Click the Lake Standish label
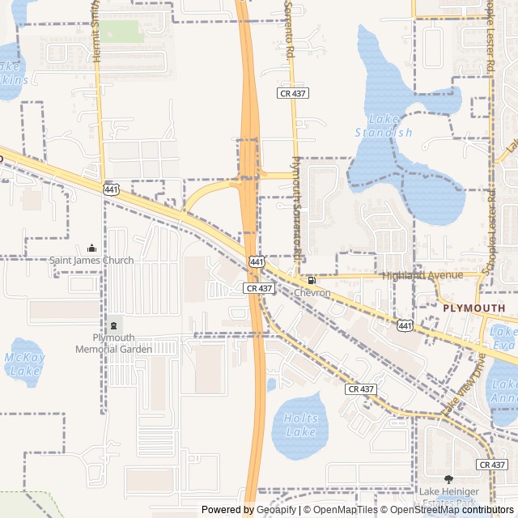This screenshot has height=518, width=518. pyautogui.click(x=384, y=125)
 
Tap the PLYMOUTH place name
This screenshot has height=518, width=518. pyautogui.click(x=473, y=308)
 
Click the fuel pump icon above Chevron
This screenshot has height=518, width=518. pyautogui.click(x=312, y=280)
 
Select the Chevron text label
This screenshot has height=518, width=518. pyautogui.click(x=312, y=292)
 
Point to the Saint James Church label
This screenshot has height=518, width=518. pyautogui.click(x=91, y=261)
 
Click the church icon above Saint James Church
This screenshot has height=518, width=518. pyautogui.click(x=91, y=248)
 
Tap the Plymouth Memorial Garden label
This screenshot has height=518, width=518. pyautogui.click(x=113, y=343)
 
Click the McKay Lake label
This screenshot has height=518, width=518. pyautogui.click(x=24, y=363)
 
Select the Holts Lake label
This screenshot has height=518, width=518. pyautogui.click(x=300, y=425)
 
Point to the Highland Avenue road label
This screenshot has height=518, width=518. pyautogui.click(x=422, y=275)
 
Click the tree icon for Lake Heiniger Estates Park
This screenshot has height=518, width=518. pyautogui.click(x=448, y=480)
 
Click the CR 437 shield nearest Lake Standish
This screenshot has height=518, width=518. pyautogui.click(x=293, y=93)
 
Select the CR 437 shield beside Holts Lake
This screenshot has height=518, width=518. pyautogui.click(x=360, y=389)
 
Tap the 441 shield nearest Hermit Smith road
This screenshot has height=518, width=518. pyautogui.click(x=110, y=189)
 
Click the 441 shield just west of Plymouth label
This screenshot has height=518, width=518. pyautogui.click(x=405, y=325)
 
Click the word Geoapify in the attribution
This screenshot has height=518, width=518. pyautogui.click(x=276, y=510)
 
